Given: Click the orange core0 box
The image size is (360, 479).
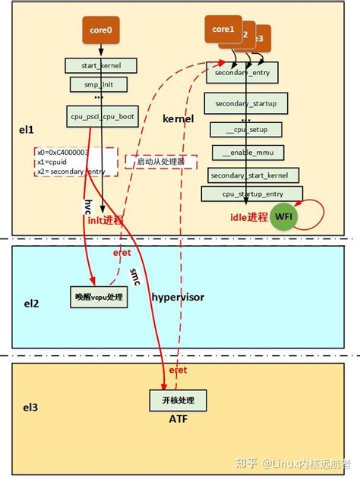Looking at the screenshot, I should point(98,30).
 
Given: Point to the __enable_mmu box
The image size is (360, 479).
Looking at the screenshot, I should point(246,153).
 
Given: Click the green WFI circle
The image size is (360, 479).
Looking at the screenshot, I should point(283,216).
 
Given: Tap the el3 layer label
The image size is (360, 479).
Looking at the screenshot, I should point(30,407).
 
